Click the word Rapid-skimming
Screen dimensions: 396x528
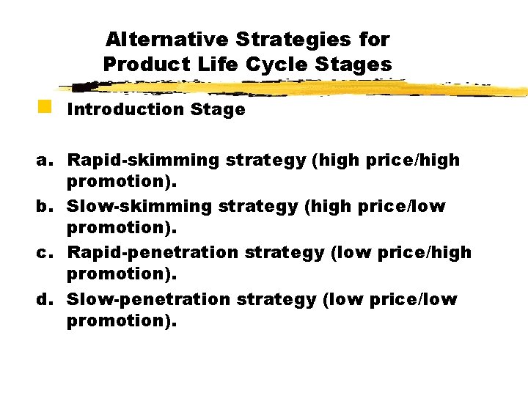(143, 160)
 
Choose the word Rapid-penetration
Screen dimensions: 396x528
(153, 253)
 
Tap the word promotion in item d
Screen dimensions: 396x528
(120, 320)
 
